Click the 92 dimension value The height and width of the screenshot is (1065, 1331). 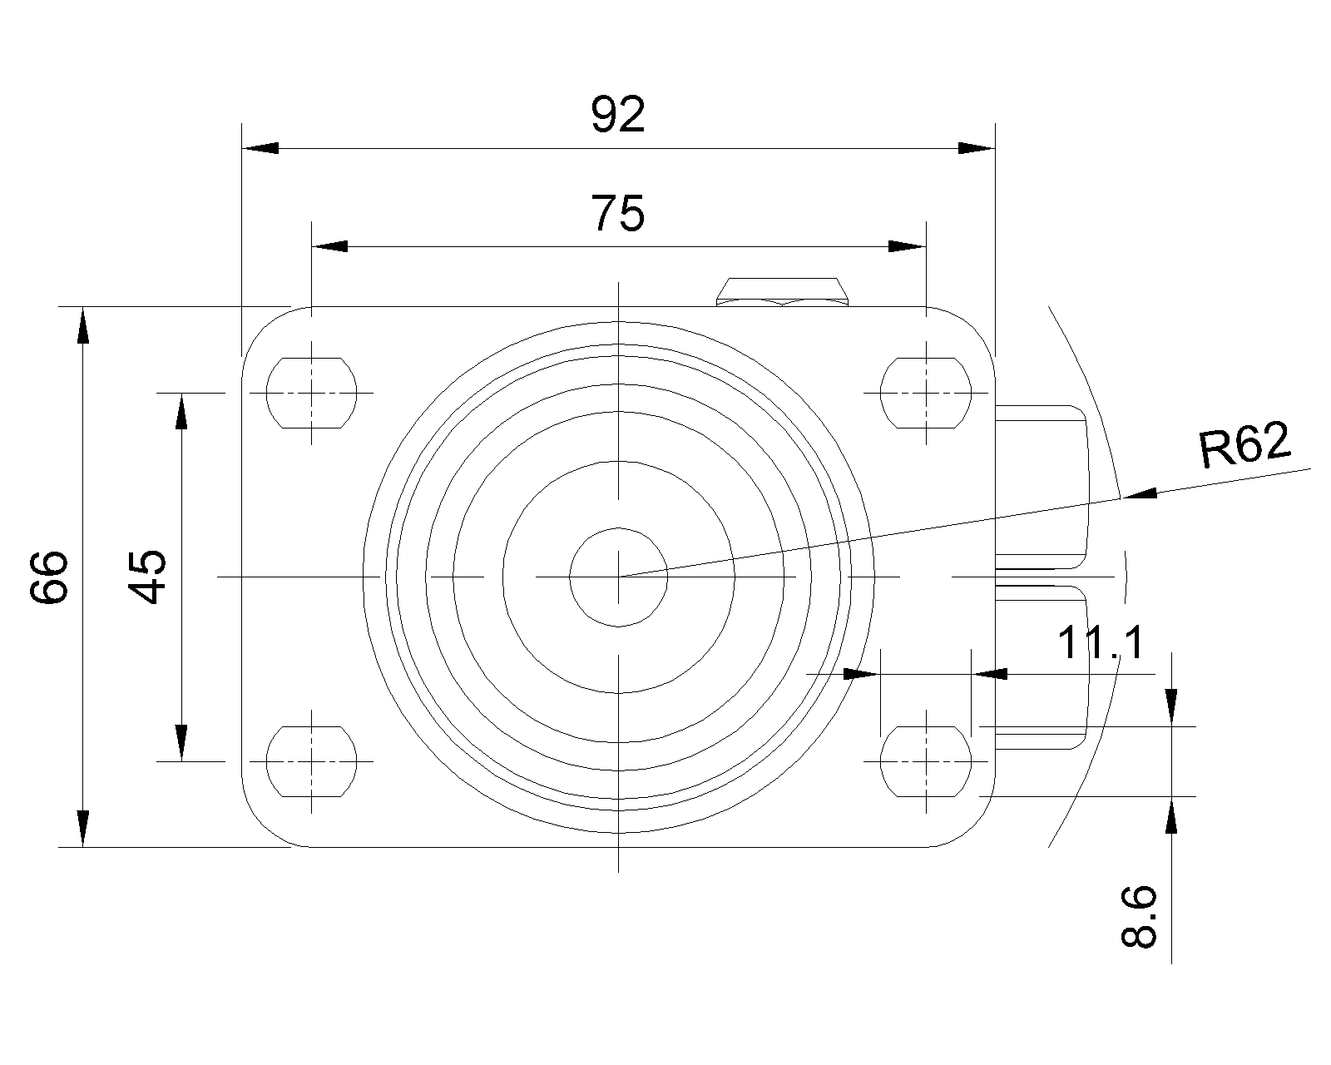(618, 115)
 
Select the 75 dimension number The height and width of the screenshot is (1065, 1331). (618, 213)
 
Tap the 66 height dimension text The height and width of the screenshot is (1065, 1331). (49, 577)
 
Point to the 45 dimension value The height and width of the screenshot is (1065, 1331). (147, 577)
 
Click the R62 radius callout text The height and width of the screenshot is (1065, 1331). (1244, 443)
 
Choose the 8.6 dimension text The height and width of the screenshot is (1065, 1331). (1139, 916)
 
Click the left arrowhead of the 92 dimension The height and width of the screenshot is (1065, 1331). (260, 149)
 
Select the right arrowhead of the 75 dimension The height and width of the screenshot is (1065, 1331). (908, 246)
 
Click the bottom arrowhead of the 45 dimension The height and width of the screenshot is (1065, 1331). (181, 743)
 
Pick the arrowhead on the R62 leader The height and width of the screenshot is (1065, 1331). (1140, 494)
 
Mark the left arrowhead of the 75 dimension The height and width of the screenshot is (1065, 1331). (329, 246)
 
